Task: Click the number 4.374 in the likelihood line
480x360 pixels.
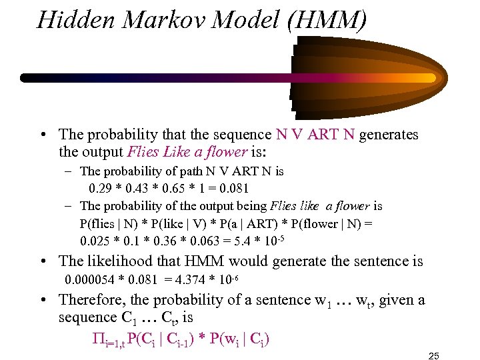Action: (195, 278)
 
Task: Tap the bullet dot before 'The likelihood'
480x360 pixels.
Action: (43, 261)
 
